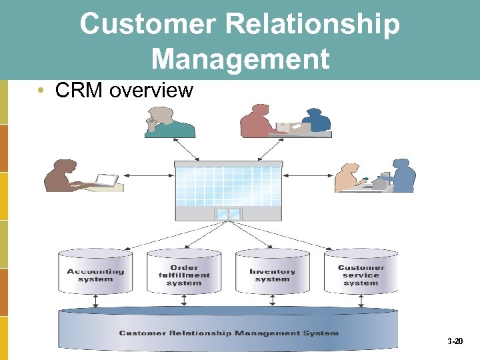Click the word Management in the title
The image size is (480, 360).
[x=240, y=58]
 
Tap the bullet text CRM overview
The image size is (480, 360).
[x=124, y=90]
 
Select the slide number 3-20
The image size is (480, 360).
[x=455, y=341]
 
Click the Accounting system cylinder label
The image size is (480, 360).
[x=95, y=275]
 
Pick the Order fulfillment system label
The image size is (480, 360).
[x=184, y=275]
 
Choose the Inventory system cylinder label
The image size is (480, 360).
[x=272, y=275]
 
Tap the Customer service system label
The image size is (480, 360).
[x=361, y=275]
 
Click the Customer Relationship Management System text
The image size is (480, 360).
[x=229, y=333]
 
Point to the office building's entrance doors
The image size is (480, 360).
[x=228, y=214]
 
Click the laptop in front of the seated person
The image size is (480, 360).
[x=105, y=180]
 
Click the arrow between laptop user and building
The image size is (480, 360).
[x=147, y=176]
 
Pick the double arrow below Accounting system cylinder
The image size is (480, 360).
[x=95, y=301]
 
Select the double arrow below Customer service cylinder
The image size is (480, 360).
[x=361, y=301]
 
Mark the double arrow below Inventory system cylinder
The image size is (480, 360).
[x=272, y=301]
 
